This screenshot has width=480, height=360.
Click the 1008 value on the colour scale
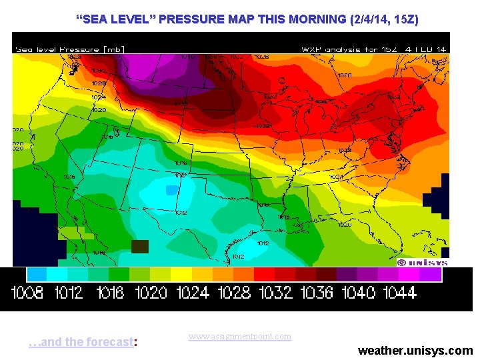coord(29,292)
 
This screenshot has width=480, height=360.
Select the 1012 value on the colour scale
coord(69,292)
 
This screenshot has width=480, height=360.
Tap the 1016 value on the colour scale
coord(110,292)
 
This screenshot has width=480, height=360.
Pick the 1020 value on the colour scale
coord(151,292)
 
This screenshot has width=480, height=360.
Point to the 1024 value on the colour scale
coord(193,292)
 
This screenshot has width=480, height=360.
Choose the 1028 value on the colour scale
coord(234,292)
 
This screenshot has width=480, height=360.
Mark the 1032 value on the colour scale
coord(275,292)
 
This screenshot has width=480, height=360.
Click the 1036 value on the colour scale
coord(316,292)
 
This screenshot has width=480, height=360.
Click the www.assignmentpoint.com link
coord(240,337)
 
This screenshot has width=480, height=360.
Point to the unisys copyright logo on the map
coord(421,262)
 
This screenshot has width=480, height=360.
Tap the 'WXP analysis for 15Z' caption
coord(373,49)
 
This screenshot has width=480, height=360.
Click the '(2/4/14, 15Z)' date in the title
coord(383,19)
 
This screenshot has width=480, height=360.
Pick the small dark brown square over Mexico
coord(139,246)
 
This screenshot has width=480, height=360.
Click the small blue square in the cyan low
coord(172,190)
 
